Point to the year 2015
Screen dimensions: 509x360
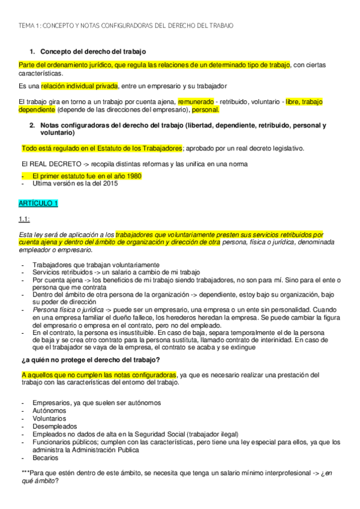pyautogui.click(x=109, y=184)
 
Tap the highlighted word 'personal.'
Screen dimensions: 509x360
pyautogui.click(x=206, y=110)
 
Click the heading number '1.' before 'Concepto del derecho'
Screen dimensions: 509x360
pyautogui.click(x=32, y=52)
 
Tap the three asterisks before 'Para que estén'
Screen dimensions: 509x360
pyautogui.click(x=23, y=473)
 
